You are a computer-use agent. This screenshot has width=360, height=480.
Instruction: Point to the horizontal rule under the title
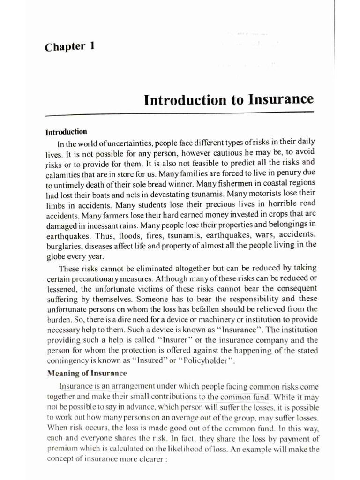coord(179,113)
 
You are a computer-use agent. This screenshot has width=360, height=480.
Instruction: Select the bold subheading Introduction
coord(66,132)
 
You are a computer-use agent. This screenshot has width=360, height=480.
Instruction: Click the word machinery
coord(232,319)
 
